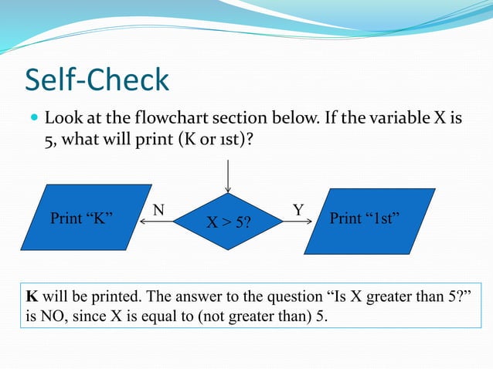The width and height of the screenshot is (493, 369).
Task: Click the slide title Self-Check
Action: [x=97, y=80]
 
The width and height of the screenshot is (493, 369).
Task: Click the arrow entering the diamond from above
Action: [x=228, y=176]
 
